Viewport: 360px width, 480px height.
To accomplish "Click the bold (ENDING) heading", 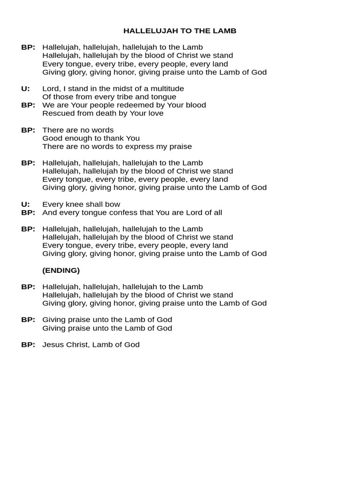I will (x=61, y=270).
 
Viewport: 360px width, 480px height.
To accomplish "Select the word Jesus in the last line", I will (x=52, y=345).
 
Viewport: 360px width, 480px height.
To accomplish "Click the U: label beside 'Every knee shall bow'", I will (x=25, y=204).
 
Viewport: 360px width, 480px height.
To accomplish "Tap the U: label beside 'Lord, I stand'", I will (x=25, y=89).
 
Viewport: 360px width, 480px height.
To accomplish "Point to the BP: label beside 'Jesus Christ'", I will (x=28, y=345).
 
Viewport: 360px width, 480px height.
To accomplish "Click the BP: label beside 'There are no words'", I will (x=28, y=130).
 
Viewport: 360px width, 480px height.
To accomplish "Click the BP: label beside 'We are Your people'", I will (x=28, y=105).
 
